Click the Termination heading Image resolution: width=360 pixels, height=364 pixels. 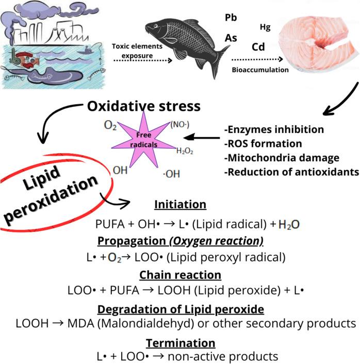[181, 343]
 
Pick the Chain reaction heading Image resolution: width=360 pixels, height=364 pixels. [181, 275]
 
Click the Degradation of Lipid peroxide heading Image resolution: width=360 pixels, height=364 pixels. [181, 309]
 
